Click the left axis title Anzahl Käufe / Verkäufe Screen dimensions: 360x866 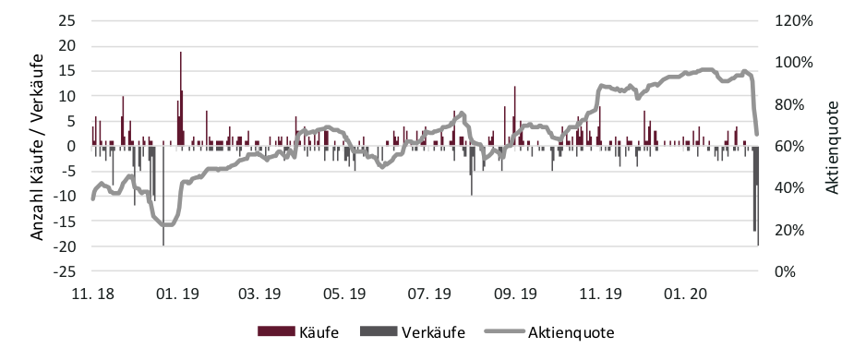click(x=38, y=146)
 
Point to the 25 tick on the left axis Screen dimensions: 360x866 click(x=70, y=20)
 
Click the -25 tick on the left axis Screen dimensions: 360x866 click(x=67, y=271)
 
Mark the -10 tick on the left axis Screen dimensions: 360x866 click(x=67, y=197)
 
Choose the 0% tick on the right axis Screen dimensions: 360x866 click(x=785, y=271)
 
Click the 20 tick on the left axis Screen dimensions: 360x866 click(x=70, y=45)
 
